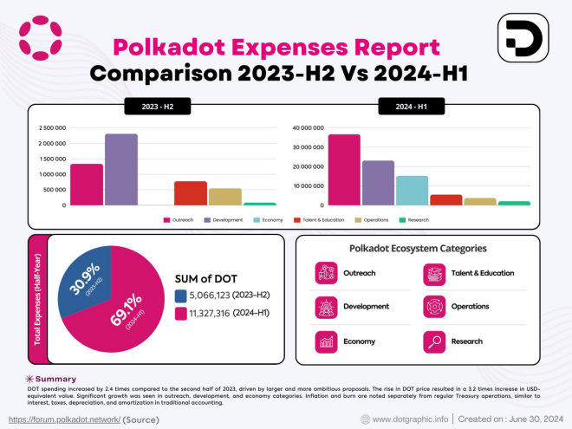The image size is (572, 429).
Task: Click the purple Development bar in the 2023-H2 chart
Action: click(x=120, y=170)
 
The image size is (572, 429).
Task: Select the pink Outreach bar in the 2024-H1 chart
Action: click(x=344, y=170)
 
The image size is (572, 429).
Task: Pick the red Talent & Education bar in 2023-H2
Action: click(x=191, y=193)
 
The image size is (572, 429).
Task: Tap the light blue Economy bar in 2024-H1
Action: click(x=412, y=190)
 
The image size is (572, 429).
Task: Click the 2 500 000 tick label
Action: click(x=53, y=128)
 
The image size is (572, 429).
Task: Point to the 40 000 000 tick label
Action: click(x=309, y=128)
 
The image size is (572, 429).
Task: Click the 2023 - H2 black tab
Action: click(x=153, y=107)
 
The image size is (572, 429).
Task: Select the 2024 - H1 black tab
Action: click(x=411, y=107)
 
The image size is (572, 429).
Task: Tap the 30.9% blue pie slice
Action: click(x=85, y=273)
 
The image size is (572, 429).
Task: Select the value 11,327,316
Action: click(x=209, y=313)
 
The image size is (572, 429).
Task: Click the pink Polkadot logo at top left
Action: click(x=40, y=35)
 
